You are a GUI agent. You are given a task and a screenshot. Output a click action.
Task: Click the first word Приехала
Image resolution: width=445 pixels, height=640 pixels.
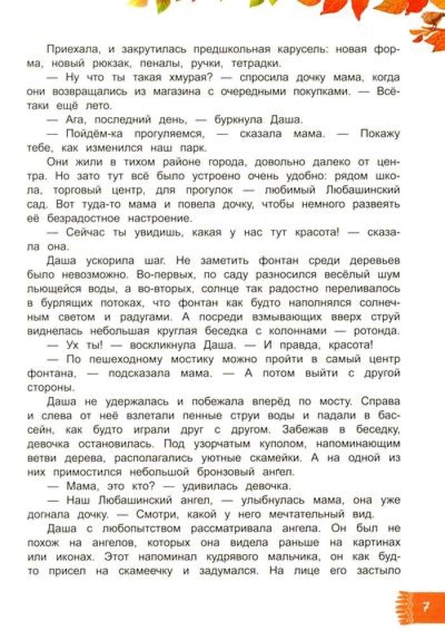pyautogui.click(x=68, y=49)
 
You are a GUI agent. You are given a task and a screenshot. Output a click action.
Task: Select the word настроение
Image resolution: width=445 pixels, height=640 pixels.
pyautogui.click(x=164, y=218)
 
